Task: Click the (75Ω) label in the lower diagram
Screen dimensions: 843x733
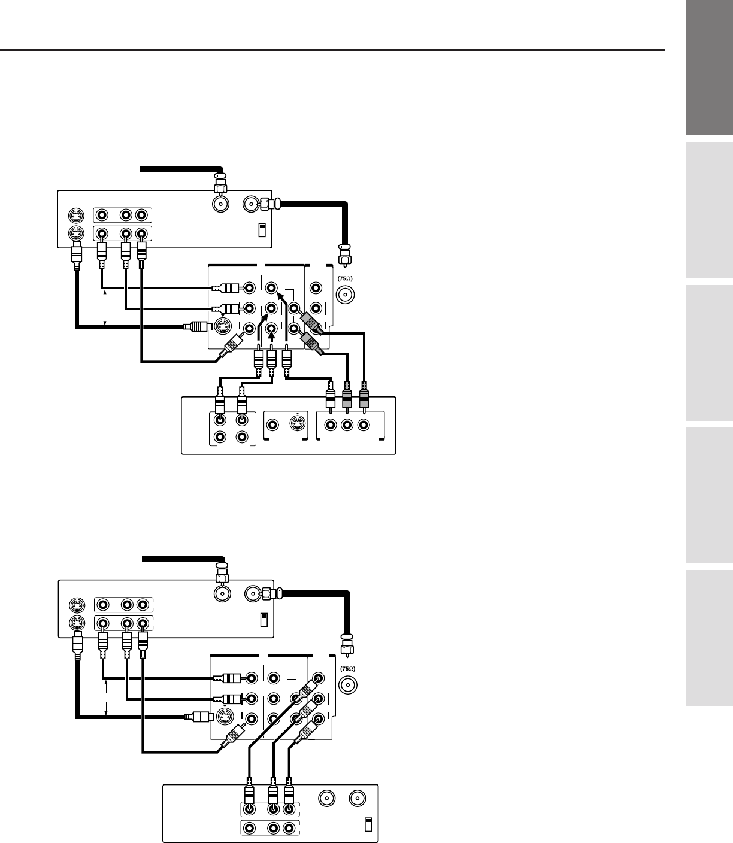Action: (x=348, y=668)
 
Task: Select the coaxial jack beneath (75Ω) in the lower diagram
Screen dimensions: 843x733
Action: (x=348, y=686)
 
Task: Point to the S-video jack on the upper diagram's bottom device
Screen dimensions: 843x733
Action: (x=295, y=424)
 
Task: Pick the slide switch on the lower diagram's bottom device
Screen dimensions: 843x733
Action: (x=368, y=824)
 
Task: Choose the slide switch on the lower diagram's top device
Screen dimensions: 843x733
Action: (x=263, y=620)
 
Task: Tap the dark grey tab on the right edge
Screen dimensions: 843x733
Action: (x=710, y=68)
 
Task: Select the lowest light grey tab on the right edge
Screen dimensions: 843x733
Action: (x=710, y=638)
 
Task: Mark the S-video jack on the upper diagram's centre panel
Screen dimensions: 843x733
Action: (x=223, y=327)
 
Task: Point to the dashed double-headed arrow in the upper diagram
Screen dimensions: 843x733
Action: (x=105, y=308)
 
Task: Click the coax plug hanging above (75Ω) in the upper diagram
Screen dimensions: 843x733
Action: (x=344, y=254)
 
